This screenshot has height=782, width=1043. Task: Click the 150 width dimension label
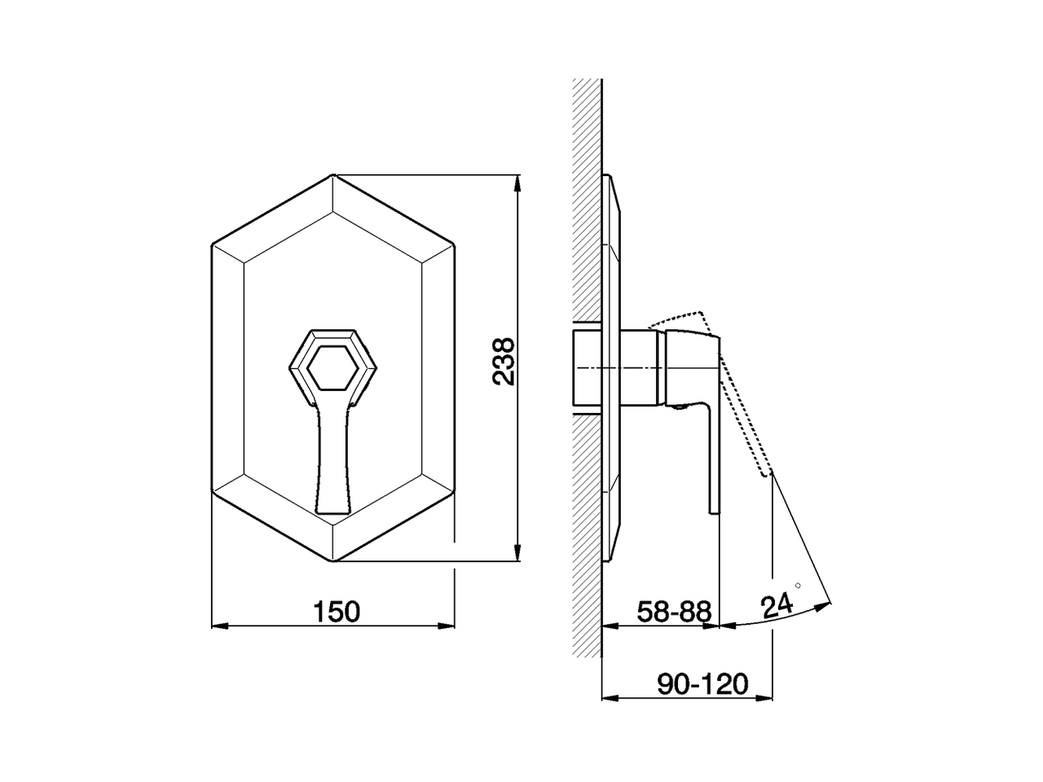click(337, 610)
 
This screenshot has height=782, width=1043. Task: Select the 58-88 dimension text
click(674, 611)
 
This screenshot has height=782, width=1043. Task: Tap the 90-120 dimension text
click(702, 684)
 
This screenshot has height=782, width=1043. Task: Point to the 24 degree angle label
click(777, 605)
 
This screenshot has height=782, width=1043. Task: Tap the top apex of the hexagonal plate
click(333, 174)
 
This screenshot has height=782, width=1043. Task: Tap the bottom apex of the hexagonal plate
click(333, 560)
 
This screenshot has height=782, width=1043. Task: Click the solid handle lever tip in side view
click(715, 505)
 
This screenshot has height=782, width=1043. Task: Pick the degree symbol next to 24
click(798, 586)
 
